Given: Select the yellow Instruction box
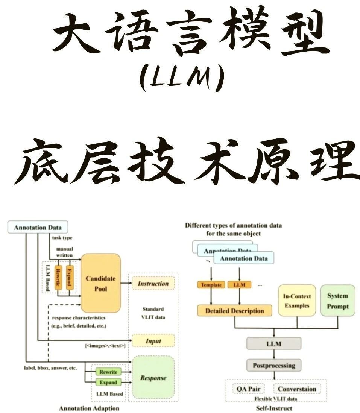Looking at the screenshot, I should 153,284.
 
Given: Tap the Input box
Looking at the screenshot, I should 153,341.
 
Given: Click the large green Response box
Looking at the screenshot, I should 153,377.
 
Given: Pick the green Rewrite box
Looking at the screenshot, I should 108,372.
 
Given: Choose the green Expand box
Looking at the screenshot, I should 108,382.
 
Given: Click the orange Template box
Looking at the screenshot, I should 211,285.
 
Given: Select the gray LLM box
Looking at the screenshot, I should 273,343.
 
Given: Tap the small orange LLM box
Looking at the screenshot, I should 239,285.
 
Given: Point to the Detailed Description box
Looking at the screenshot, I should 234,311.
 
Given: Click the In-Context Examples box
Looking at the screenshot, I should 297,301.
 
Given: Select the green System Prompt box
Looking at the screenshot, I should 337,301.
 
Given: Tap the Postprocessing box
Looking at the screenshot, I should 273,365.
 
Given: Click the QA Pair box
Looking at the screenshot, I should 248,389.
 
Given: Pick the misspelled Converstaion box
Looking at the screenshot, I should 297,389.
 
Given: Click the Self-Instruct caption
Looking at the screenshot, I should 274,408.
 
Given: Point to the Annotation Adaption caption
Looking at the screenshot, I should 89,408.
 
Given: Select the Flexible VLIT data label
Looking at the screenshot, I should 275,398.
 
